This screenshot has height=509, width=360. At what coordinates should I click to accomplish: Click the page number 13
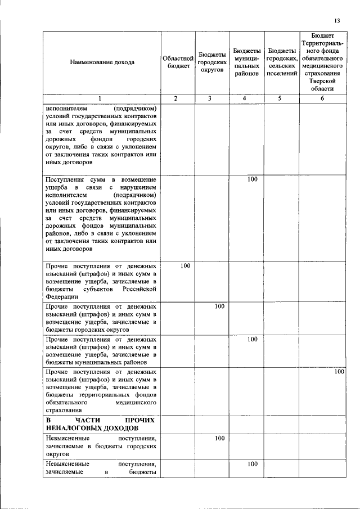pyautogui.click(x=337, y=21)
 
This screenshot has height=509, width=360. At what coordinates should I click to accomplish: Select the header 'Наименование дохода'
pyautogui.click(x=102, y=62)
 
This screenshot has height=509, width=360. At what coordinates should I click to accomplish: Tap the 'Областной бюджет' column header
pyautogui.click(x=178, y=62)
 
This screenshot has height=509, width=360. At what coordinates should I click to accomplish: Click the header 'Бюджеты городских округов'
pyautogui.click(x=211, y=62)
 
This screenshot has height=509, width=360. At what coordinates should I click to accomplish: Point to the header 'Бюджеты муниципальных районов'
pyautogui.click(x=246, y=62)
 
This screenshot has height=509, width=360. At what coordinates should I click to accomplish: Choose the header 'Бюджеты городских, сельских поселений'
pyautogui.click(x=281, y=62)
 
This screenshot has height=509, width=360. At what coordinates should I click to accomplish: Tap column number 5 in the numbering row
pyautogui.click(x=281, y=99)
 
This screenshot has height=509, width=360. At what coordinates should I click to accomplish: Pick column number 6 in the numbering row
pyautogui.click(x=322, y=99)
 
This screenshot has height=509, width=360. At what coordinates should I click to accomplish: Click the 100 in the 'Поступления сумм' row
pyautogui.click(x=252, y=179)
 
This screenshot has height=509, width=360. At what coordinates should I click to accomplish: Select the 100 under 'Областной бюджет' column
pyautogui.click(x=186, y=265)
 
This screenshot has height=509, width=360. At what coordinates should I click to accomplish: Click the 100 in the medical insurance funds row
pyautogui.click(x=339, y=372)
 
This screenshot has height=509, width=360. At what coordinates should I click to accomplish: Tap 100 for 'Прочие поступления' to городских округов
pyautogui.click(x=219, y=307)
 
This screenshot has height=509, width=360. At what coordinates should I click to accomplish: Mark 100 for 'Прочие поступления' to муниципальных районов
pyautogui.click(x=252, y=339)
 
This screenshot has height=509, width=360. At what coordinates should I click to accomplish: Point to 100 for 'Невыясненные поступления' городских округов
pyautogui.click(x=219, y=438)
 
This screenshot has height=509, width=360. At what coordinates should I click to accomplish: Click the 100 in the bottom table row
pyautogui.click(x=252, y=464)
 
